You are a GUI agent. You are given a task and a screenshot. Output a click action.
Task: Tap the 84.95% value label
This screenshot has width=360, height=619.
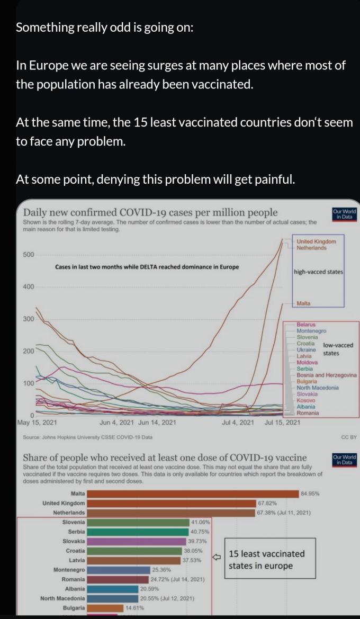[x=310, y=494]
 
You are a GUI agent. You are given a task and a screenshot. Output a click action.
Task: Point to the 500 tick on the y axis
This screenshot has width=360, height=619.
[x=29, y=255]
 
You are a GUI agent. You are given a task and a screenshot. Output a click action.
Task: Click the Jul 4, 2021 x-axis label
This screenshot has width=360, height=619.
[x=238, y=423]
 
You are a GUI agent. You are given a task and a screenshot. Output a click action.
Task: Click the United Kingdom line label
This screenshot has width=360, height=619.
[x=316, y=241]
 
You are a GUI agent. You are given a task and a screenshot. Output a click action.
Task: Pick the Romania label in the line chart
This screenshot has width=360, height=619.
[x=308, y=413]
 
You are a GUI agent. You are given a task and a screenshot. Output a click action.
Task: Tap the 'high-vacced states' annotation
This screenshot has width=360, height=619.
[x=318, y=272]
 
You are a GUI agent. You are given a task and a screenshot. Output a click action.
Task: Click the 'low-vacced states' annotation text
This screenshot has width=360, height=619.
[x=337, y=349]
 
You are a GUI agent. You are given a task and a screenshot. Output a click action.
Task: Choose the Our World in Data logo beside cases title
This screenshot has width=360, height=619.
[x=344, y=214]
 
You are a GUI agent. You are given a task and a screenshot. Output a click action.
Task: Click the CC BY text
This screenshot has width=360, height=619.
[x=349, y=437]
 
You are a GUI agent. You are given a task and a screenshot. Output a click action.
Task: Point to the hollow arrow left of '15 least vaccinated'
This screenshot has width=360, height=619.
[x=216, y=557]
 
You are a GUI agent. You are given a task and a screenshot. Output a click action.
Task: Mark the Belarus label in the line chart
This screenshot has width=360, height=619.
[x=306, y=324]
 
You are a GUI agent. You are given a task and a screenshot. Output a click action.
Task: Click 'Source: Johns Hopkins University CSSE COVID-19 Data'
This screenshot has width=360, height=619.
[x=88, y=437]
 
